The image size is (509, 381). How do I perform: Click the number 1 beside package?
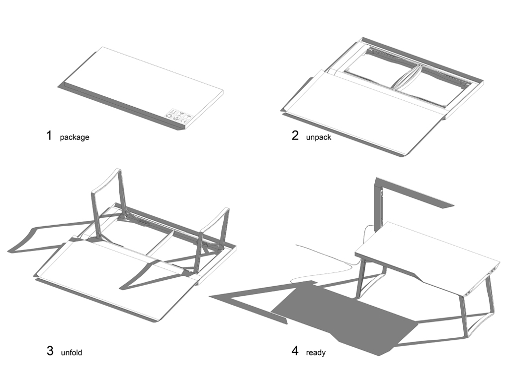[49, 135]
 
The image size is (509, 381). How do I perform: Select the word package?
[75, 137]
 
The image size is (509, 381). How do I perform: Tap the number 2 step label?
[295, 135]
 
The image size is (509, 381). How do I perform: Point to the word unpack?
[319, 137]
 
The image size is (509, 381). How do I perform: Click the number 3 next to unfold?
[50, 351]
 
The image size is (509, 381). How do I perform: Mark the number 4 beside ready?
[295, 351]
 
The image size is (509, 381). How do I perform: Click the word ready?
[316, 353]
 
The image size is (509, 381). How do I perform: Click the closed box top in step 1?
[139, 84]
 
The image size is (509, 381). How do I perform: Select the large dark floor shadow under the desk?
[348, 317]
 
